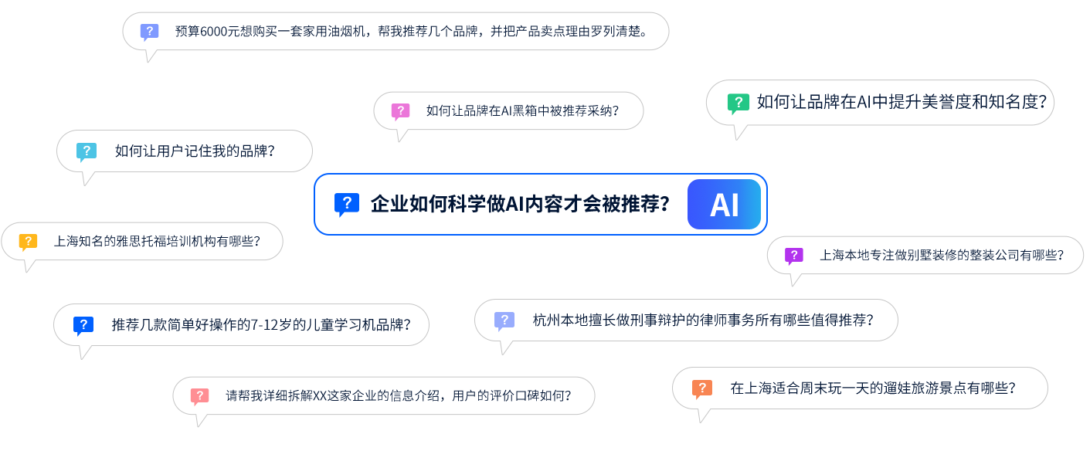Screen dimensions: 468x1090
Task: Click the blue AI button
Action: pos(724,205)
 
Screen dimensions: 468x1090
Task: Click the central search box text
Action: pos(519,205)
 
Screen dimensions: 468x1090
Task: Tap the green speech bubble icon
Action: pos(738,103)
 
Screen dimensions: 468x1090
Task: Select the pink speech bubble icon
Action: pos(400,112)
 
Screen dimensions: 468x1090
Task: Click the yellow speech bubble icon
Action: pos(28,242)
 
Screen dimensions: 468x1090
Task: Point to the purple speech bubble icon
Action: pos(793,256)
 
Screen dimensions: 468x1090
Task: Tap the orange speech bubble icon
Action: pos(701,389)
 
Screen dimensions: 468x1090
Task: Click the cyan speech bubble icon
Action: pos(87,152)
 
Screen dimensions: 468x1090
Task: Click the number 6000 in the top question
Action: pos(214,32)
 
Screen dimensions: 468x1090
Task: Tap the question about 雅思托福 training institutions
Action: pos(156,242)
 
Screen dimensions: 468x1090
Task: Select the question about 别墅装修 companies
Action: pos(941,256)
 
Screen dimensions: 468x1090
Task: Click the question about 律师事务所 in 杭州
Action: pos(702,320)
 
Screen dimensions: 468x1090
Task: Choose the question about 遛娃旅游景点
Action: pos(872,388)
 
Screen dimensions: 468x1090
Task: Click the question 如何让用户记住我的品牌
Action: pos(195,151)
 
